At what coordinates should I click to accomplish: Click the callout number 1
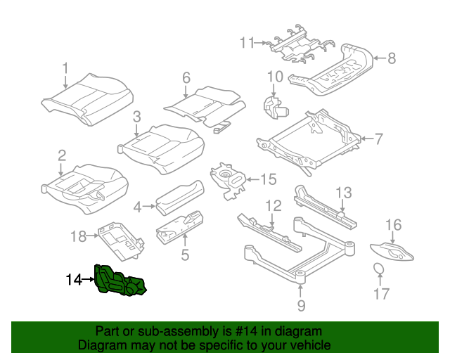click(66, 69)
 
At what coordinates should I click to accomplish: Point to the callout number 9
click(301, 305)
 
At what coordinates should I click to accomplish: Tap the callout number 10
click(274, 77)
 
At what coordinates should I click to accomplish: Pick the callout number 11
click(245, 44)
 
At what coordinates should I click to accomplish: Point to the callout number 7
click(378, 139)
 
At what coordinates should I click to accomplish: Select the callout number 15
click(269, 180)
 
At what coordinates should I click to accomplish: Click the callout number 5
click(185, 255)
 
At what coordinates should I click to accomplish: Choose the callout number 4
click(138, 207)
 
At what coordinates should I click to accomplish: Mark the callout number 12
click(273, 206)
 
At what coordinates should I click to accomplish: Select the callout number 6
click(186, 77)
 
